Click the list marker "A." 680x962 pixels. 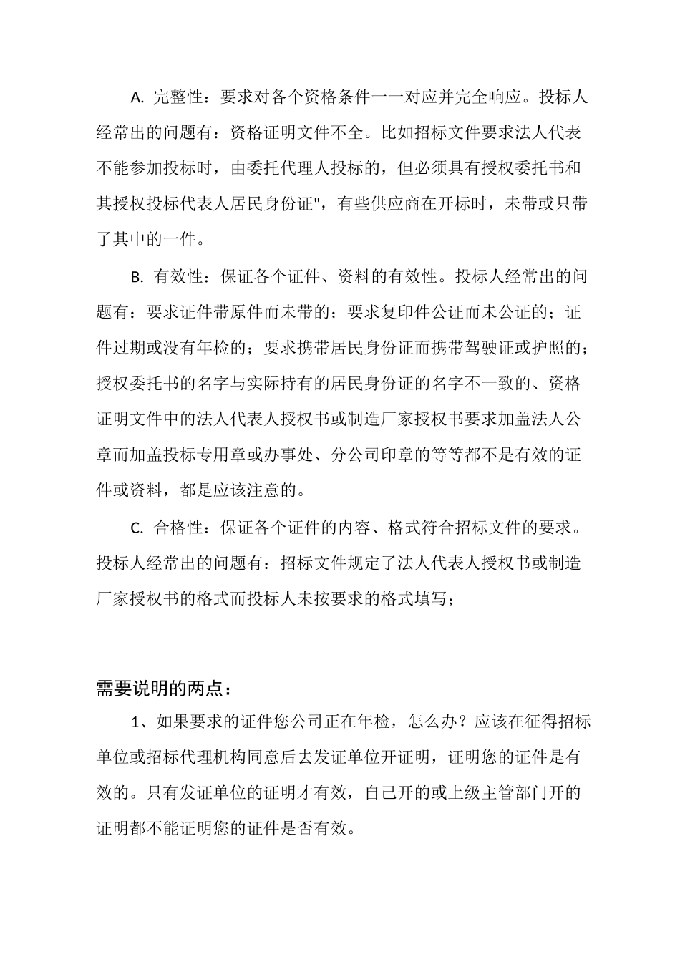click(x=137, y=97)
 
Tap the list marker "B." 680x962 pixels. click(x=137, y=276)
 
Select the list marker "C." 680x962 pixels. click(x=137, y=528)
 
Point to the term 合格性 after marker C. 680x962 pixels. click(x=179, y=528)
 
